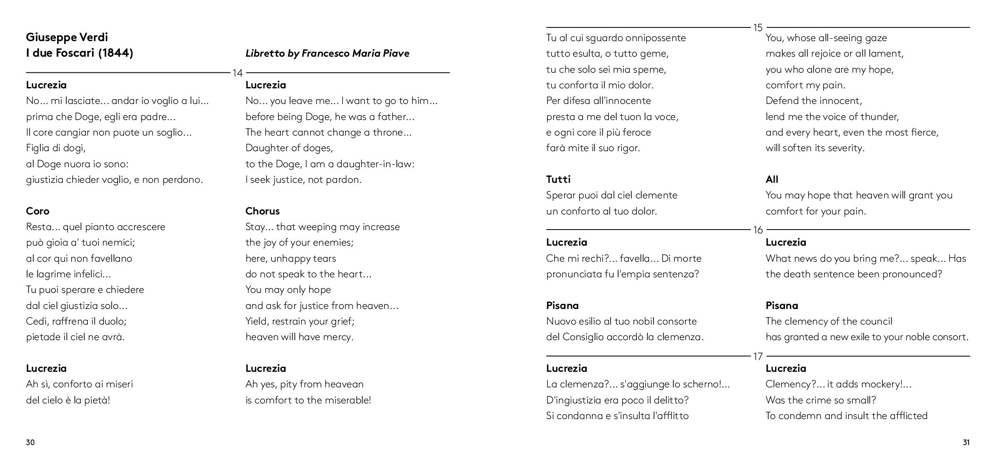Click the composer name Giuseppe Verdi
tap(67, 37)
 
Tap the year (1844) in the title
tap(116, 53)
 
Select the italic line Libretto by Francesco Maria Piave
tap(327, 53)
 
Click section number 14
tap(237, 73)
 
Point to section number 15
tap(758, 28)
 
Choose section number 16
tap(758, 230)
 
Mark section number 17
tap(758, 357)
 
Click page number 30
tap(30, 443)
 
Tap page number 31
tap(966, 443)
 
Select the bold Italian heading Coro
tap(37, 211)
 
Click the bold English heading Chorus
tap(262, 211)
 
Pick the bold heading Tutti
tap(558, 180)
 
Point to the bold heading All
tap(772, 180)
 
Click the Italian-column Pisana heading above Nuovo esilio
tap(562, 306)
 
